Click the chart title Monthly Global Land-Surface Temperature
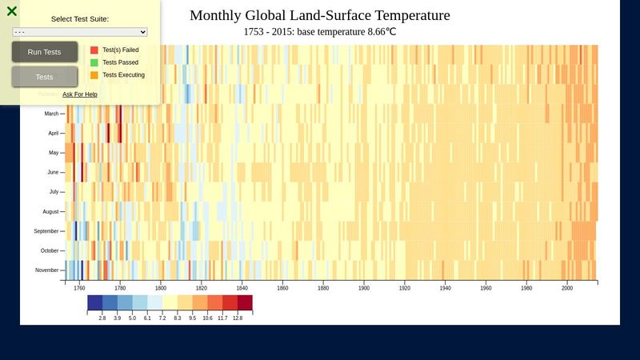tap(320, 15)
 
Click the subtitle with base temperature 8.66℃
tap(320, 33)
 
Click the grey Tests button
tap(45, 77)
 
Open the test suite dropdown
tap(80, 32)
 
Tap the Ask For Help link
tap(80, 94)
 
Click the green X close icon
tap(12, 11)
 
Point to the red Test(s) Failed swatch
tap(94, 50)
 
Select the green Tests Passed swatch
tap(94, 62)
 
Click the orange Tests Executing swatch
tap(94, 75)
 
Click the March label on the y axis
tap(51, 114)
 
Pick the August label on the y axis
tap(50, 211)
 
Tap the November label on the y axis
tap(46, 270)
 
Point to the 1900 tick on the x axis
tap(364, 288)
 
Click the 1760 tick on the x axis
tap(79, 288)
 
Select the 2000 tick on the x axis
tap(567, 288)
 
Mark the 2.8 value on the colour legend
tap(102, 318)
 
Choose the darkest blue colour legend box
tap(95, 302)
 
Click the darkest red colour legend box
tap(245, 302)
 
